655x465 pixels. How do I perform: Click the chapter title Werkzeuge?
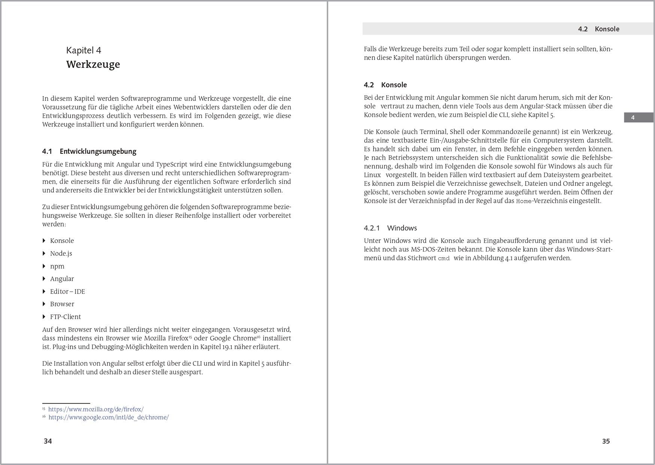[93, 64]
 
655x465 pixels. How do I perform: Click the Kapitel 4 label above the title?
[84, 50]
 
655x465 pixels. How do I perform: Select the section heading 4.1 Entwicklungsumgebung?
[89, 151]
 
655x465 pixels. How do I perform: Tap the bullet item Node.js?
[61, 253]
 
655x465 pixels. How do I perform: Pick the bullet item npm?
[57, 266]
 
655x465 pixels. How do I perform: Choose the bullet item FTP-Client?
[66, 317]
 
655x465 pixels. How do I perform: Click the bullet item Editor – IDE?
[67, 291]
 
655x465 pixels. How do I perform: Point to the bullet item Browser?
[62, 304]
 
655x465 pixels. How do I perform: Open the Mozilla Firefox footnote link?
[96, 409]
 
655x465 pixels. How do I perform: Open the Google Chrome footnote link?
[109, 417]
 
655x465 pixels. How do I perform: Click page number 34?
[48, 441]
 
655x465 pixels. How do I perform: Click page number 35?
[606, 441]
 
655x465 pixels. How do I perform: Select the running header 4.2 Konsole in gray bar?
[598, 29]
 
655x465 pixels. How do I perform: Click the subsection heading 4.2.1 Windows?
[390, 228]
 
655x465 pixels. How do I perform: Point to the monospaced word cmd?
[444, 258]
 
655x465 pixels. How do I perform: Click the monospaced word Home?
[524, 201]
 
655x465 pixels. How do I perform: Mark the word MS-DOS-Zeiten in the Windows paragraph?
[432, 249]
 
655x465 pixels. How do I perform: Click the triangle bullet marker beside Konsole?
[44, 241]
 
